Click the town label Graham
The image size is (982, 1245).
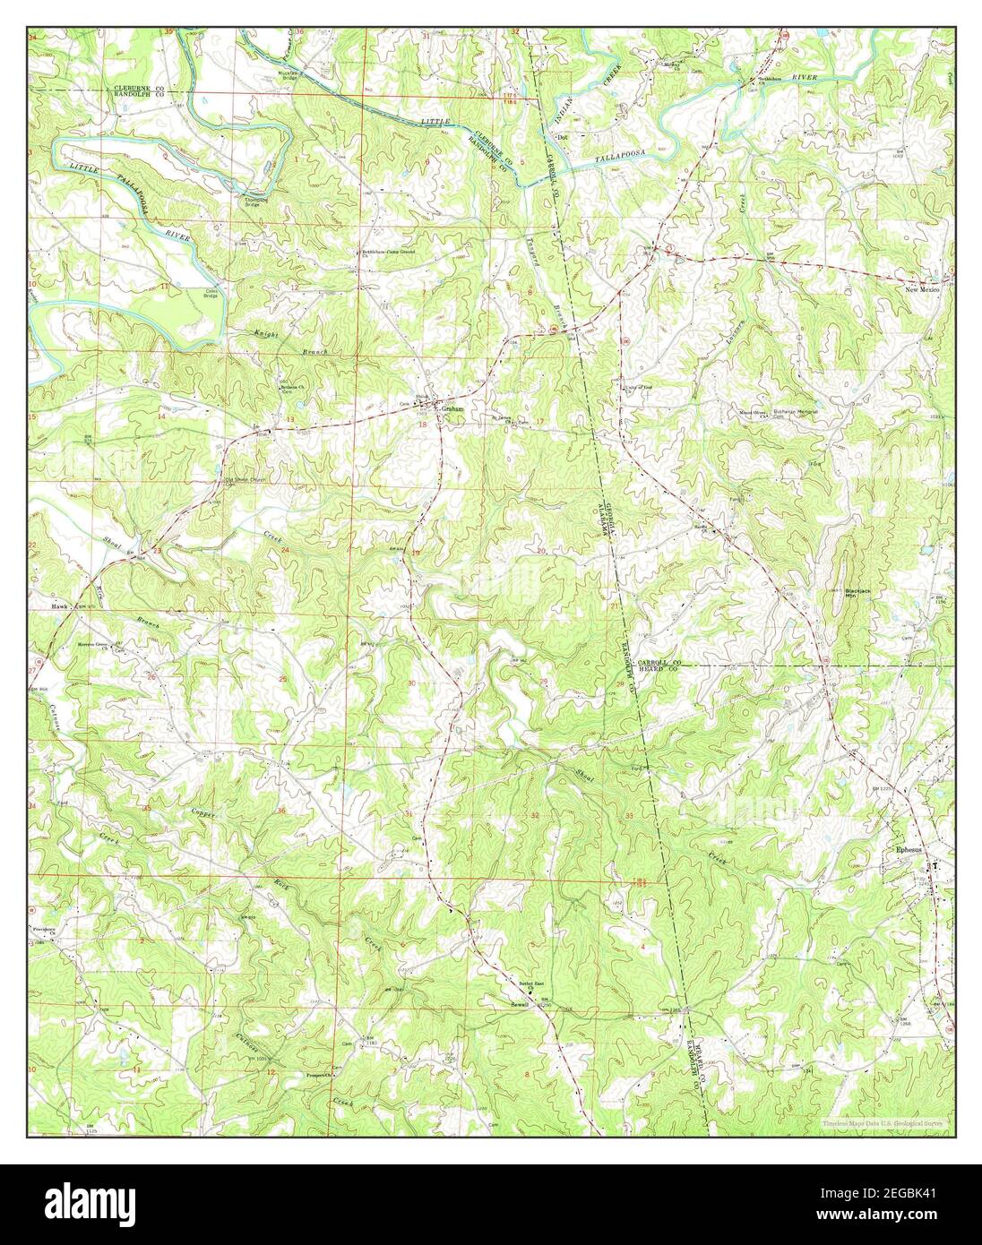click(x=451, y=406)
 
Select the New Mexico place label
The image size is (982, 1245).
click(x=923, y=290)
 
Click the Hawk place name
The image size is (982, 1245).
click(x=60, y=607)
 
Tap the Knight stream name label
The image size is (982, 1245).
click(x=267, y=334)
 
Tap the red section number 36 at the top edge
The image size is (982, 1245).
click(x=275, y=32)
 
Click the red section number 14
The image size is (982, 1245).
click(x=162, y=417)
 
